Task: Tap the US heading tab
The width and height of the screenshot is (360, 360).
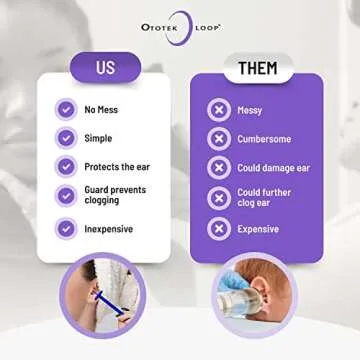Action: (104, 69)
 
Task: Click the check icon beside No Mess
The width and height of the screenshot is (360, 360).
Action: (66, 110)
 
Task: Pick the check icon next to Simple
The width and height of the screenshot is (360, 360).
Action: (66, 138)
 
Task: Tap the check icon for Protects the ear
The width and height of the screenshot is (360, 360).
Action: (66, 166)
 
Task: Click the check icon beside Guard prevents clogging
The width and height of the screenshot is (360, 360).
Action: (66, 195)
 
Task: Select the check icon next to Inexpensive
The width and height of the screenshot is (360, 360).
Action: (66, 228)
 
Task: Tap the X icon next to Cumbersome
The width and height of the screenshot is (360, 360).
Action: (218, 139)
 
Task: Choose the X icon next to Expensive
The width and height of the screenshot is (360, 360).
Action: (218, 228)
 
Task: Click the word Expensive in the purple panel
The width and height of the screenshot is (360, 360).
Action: (257, 228)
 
